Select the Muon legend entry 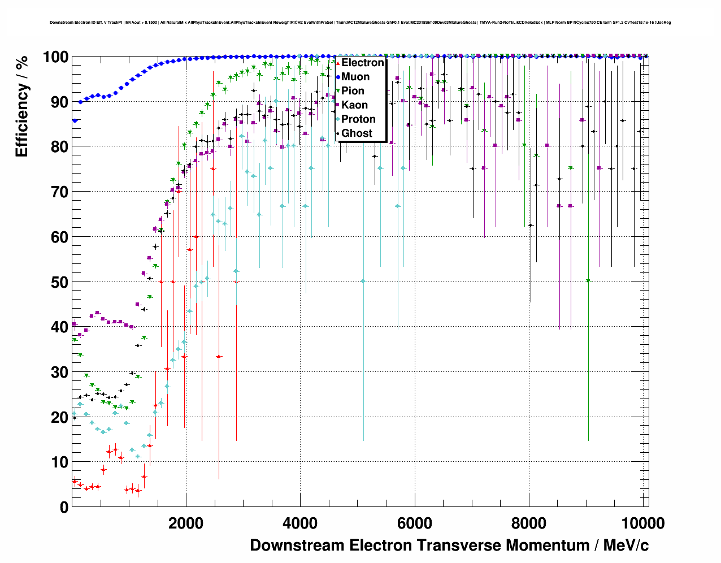coord(355,77)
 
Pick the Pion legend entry coord(353,91)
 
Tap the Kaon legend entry coord(354,105)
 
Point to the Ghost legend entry coord(357,133)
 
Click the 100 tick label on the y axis coord(55,57)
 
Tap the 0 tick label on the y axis coord(64,507)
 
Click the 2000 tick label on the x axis coord(185,523)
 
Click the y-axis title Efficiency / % coord(22,106)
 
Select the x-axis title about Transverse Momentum coord(449,545)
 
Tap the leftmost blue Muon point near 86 coord(75,120)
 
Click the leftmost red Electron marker coord(75,481)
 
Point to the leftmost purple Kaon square coord(74,324)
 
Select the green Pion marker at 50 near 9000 coord(588,281)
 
